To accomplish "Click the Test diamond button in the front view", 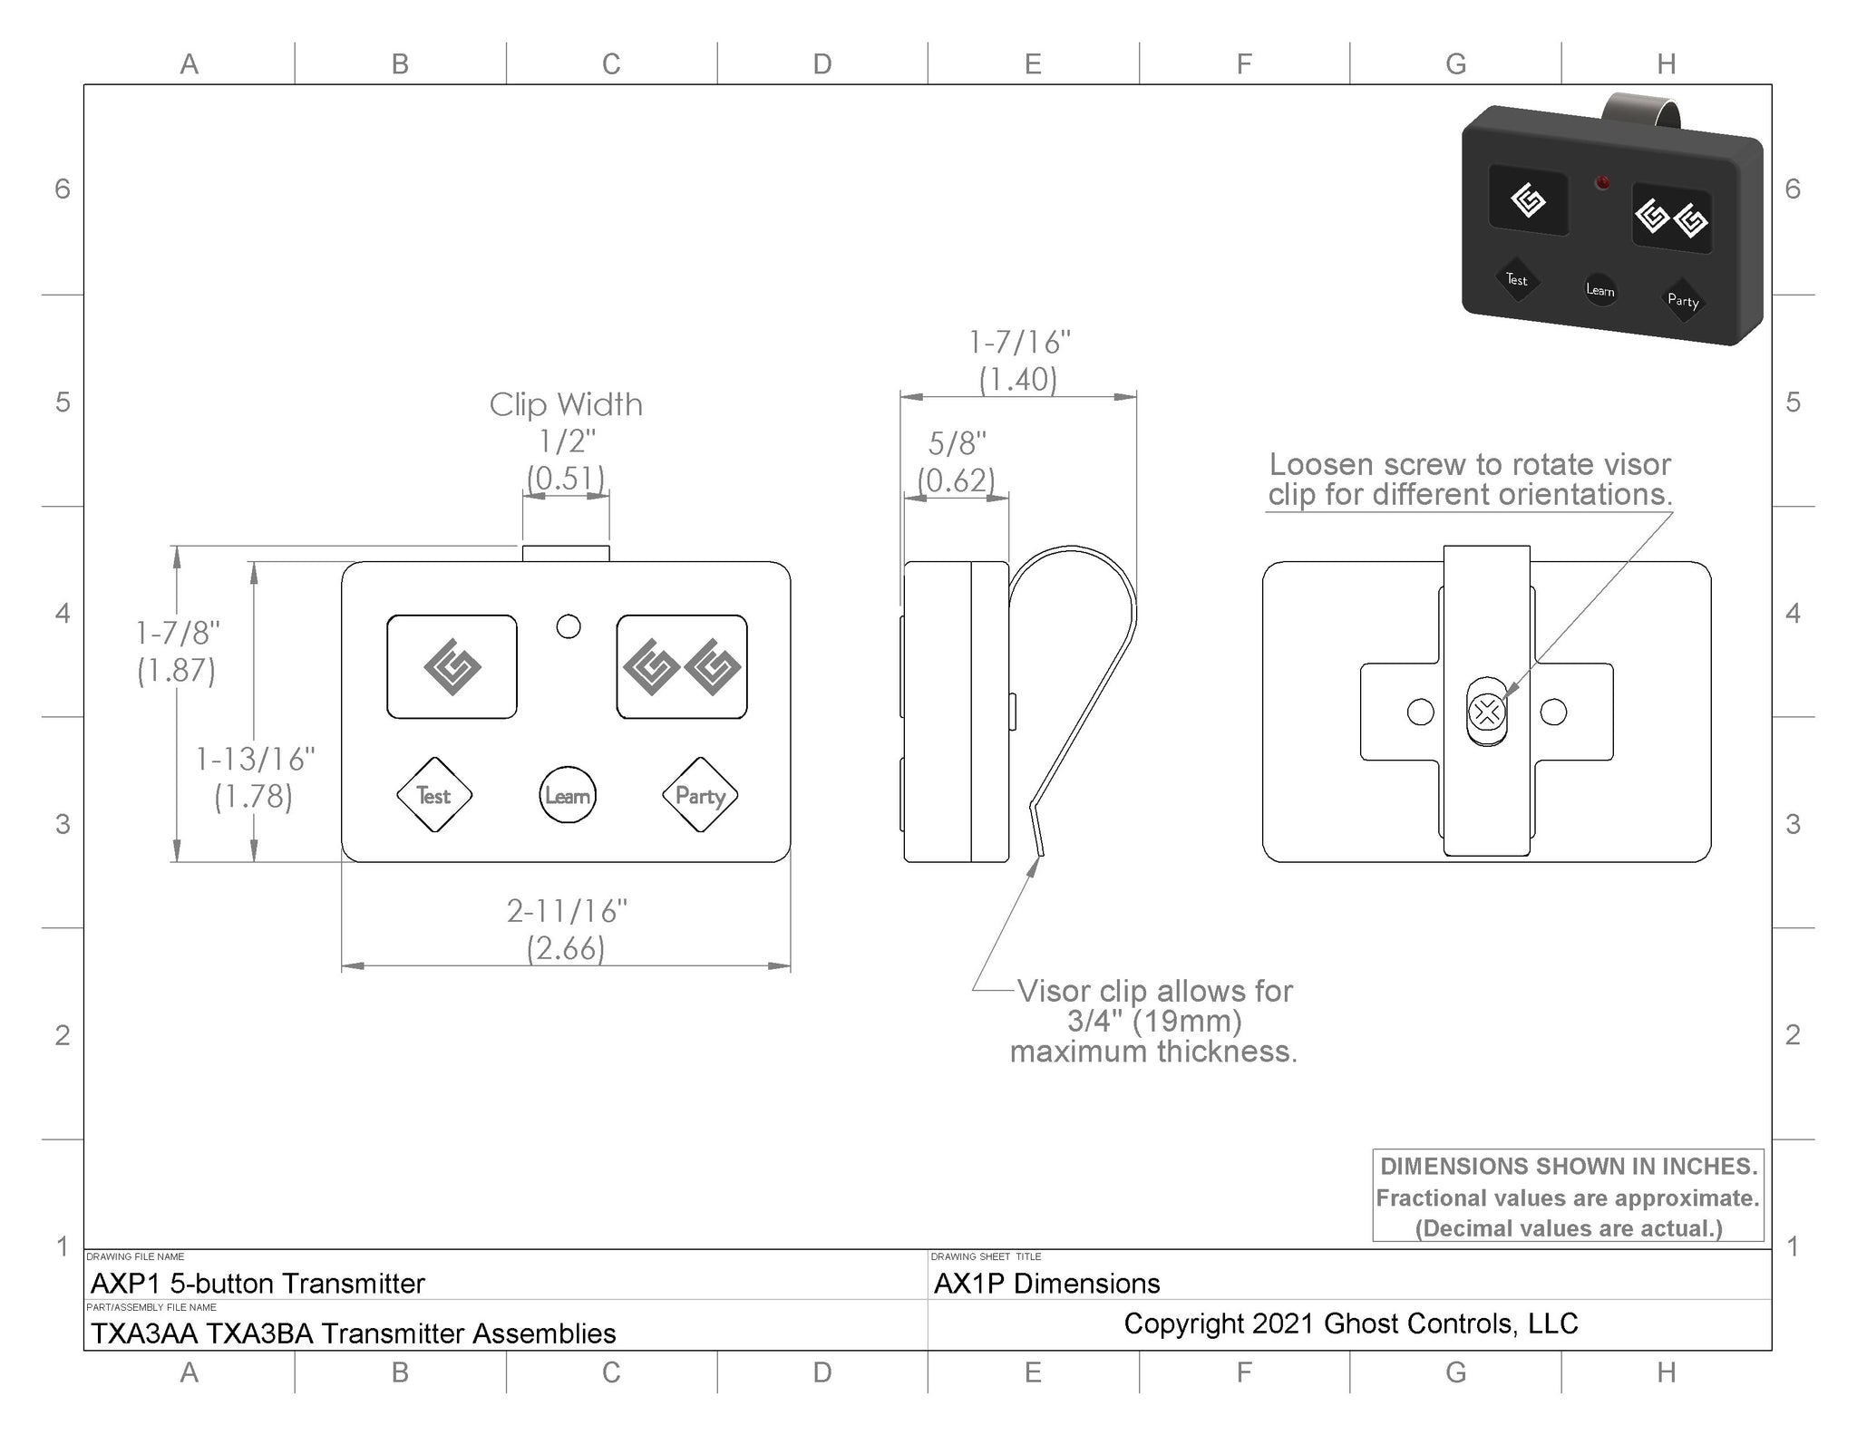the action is pyautogui.click(x=434, y=795).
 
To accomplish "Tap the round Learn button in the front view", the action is pyautogui.click(x=568, y=795).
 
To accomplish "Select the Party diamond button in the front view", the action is pyautogui.click(x=700, y=795).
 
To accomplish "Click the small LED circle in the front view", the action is pyautogui.click(x=569, y=626).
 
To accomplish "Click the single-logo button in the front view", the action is pyautogui.click(x=452, y=667).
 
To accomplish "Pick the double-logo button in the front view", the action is pyautogui.click(x=682, y=667).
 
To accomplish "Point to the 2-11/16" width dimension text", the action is pyautogui.click(x=567, y=911).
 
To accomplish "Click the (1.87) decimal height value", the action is pyautogui.click(x=176, y=671).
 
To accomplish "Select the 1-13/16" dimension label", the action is pyautogui.click(x=256, y=759).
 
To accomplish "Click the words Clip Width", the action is pyautogui.click(x=566, y=404).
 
